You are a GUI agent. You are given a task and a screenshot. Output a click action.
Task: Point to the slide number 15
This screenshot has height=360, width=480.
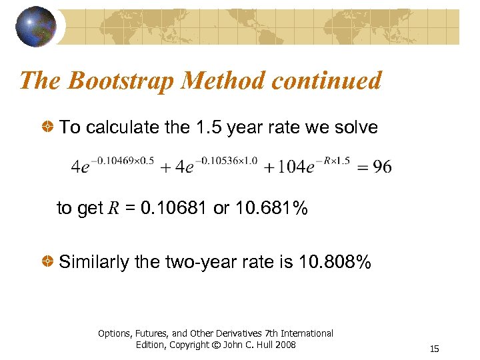(x=435, y=349)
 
